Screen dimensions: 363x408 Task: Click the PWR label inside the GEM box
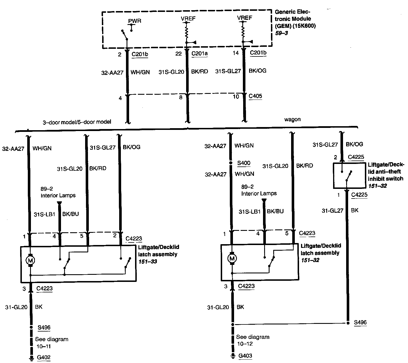click(134, 21)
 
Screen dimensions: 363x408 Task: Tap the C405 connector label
click(255, 96)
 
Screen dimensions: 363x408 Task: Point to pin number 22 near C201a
click(178, 54)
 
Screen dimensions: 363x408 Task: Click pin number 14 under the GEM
click(236, 53)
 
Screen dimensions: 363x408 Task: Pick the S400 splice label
click(244, 163)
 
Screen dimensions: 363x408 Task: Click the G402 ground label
click(44, 358)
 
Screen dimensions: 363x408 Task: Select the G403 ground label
click(245, 356)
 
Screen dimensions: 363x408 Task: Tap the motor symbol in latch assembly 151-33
click(30, 260)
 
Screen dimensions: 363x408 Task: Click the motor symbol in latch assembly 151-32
click(232, 258)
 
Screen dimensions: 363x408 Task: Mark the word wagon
click(292, 119)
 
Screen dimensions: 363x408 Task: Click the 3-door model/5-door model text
click(77, 122)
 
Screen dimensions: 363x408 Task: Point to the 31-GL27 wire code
click(333, 210)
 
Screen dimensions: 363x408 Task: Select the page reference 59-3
click(282, 33)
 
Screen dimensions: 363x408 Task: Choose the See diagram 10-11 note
click(51, 343)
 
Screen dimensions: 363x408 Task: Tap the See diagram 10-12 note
click(253, 340)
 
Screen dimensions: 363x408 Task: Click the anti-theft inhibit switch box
click(349, 175)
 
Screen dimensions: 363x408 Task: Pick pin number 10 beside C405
click(236, 97)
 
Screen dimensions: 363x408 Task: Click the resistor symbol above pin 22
click(187, 32)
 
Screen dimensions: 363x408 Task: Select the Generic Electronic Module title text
click(295, 19)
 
